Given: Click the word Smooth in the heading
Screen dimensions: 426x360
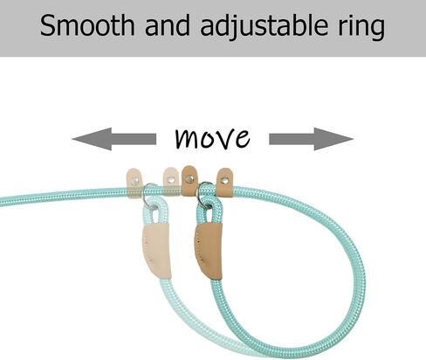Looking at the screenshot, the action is point(87,25).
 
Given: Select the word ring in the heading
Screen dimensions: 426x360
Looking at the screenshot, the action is point(361,28).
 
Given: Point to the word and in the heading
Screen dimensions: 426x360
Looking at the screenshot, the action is point(168,25).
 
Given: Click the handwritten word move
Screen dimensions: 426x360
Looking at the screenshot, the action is point(213,138).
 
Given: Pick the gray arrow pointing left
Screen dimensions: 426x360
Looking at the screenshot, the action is point(113,139).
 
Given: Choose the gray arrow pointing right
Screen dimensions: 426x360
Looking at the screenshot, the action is point(312,139).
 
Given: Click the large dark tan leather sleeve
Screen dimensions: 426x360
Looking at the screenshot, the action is point(209,250).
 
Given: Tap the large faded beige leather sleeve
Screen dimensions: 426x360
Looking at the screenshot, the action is point(156,251).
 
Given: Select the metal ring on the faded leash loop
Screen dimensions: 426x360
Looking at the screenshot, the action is point(146,195).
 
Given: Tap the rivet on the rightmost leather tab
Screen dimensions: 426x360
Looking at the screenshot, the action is point(224,181).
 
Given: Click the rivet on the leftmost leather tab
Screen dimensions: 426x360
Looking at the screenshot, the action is point(134,182).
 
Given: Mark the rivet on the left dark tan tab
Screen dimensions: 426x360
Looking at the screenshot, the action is point(189,178).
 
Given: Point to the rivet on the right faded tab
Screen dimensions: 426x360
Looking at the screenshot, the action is point(171,180).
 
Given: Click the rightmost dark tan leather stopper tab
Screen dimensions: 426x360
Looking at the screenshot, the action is point(224,183).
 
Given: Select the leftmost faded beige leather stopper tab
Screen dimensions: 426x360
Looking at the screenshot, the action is point(134,183).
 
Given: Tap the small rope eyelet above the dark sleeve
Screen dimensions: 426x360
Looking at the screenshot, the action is point(210,211).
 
